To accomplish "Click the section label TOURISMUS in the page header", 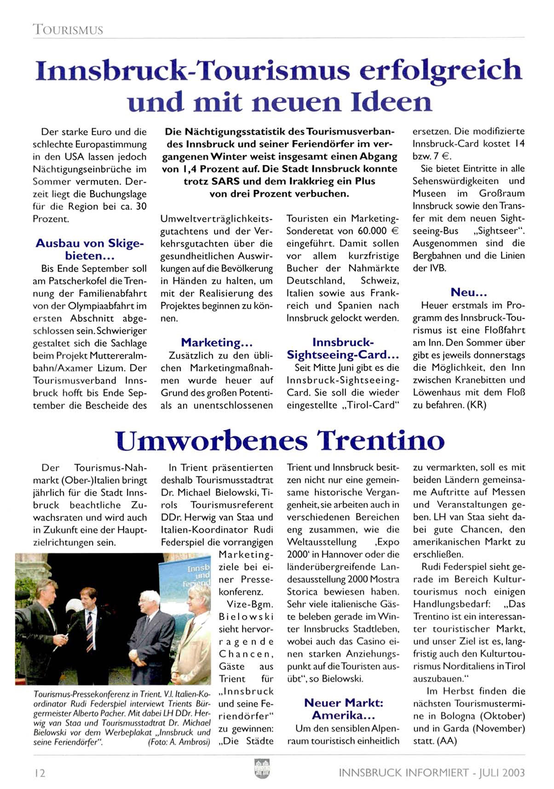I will pyautogui.click(x=68, y=30).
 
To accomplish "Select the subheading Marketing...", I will pyautogui.click(x=216, y=342).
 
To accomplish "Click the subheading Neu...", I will pyautogui.click(x=468, y=292).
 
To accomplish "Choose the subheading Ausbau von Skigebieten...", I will pyautogui.click(x=90, y=249).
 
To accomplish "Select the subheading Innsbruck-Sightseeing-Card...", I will pyautogui.click(x=343, y=348).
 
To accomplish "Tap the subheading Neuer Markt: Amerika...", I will pyautogui.click(x=343, y=709).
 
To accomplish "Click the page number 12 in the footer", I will pyautogui.click(x=40, y=773).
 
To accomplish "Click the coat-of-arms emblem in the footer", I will pyautogui.click(x=262, y=769).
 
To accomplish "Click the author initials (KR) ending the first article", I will pyautogui.click(x=477, y=405).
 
